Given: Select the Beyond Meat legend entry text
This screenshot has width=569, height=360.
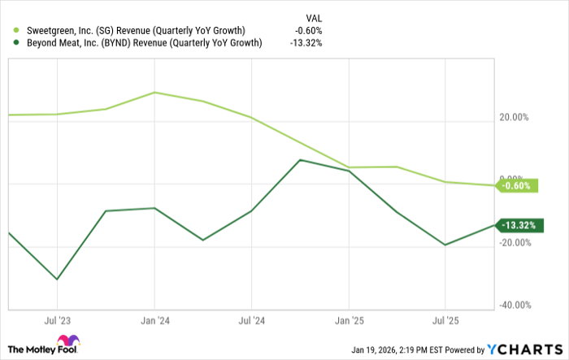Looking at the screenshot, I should pos(139,43).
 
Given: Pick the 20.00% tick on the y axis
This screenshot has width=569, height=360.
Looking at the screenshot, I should pos(515,116).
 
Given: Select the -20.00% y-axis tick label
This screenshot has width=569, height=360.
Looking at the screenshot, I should pos(515,242).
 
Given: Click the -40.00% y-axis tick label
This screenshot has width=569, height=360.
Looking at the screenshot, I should pos(515,305).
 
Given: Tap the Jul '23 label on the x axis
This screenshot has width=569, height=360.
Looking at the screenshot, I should pos(57,320).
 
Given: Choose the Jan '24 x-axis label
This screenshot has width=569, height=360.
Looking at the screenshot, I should pos(154,320).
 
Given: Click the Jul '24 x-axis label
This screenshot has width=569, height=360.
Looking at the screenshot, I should pos(251,320).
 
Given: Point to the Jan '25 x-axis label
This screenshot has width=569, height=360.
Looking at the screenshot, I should pos(349,320).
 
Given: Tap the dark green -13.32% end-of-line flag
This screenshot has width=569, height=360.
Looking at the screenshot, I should pos(517,225).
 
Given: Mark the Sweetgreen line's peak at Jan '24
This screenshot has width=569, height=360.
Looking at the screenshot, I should pos(154,93).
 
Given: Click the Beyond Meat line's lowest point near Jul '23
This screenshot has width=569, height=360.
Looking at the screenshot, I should pos(57,280).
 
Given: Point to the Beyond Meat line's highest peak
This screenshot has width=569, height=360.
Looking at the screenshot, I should pos(300,160).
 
